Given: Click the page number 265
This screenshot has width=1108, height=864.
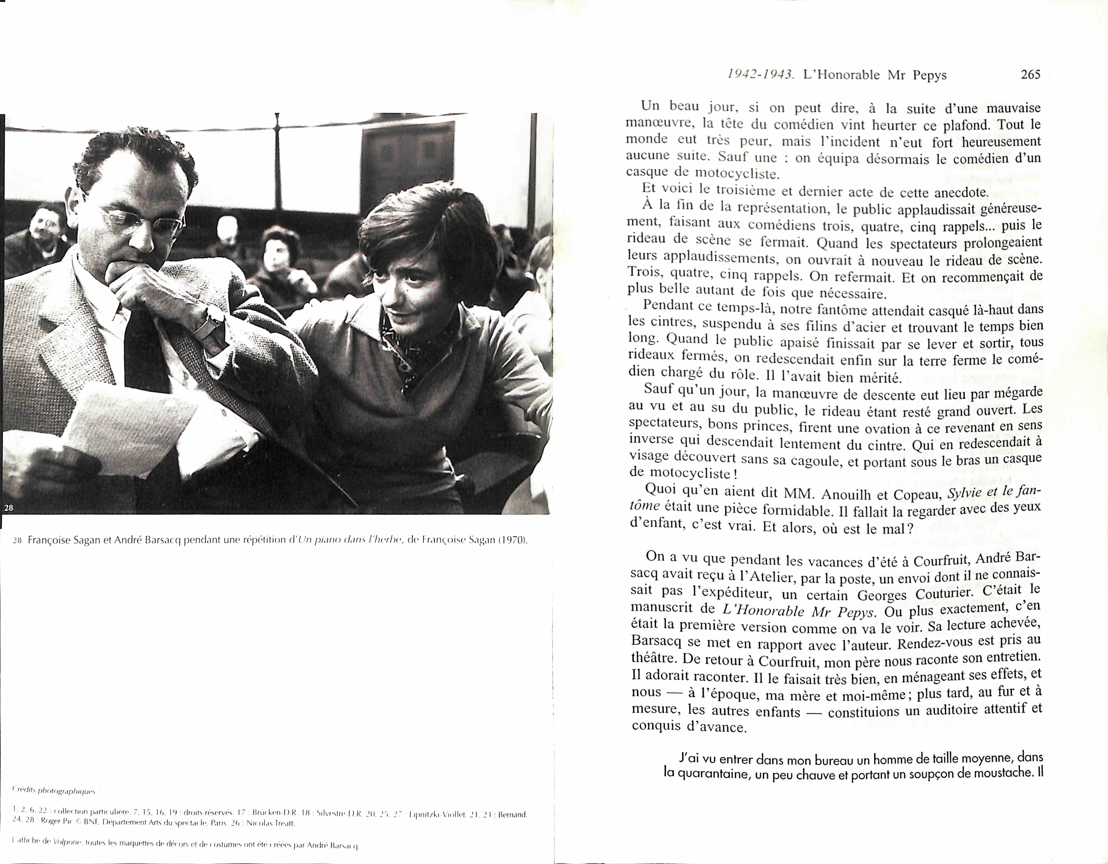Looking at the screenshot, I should coord(1030,75).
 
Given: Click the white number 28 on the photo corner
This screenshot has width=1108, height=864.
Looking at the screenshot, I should coord(9,507).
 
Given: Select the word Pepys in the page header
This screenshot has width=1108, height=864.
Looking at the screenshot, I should coord(929,75).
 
